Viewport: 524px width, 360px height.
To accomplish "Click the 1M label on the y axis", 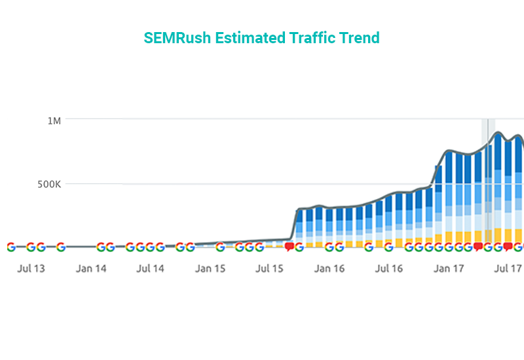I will pos(53,121).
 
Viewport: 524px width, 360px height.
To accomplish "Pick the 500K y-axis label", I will pos(48,184).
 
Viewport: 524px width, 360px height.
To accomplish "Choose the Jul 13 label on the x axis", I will pos(31,268).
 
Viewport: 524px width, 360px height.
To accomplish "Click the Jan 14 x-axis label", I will pos(91,268).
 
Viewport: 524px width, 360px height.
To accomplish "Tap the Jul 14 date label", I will pos(151,268).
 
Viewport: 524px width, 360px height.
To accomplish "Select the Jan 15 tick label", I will pos(210,268).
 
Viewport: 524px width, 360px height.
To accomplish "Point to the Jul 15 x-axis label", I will pos(270,268).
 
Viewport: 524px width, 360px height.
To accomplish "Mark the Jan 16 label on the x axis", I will pos(329,268).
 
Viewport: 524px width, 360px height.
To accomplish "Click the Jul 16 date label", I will pos(389,268).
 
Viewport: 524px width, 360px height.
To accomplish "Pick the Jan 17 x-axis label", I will pos(449,268).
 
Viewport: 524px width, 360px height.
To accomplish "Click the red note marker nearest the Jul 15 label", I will pos(289,247).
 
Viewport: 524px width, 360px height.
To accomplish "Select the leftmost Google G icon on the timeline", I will pos(10,247).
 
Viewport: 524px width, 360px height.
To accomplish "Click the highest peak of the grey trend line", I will pos(498,133).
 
